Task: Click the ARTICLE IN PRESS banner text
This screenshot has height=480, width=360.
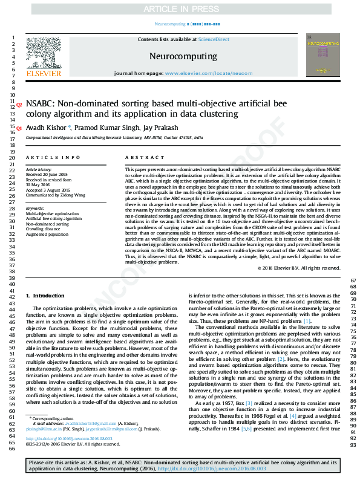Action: coord(179,10)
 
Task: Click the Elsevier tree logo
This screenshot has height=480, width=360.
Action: coord(43,54)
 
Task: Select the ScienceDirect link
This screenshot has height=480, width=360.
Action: coord(215,39)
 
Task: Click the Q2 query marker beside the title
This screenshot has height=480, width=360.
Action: coord(18,105)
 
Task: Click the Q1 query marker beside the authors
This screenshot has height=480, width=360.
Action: coord(18,128)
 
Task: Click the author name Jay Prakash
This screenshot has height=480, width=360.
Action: coord(161,128)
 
